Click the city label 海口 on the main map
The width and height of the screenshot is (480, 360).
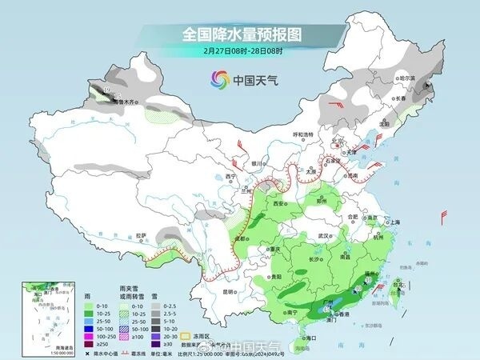coord(301,338)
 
